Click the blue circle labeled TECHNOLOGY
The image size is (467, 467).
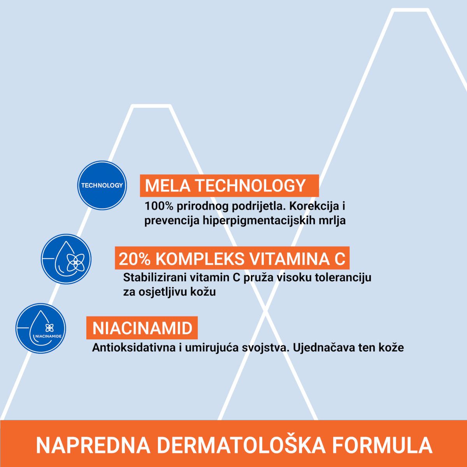coord(102,185)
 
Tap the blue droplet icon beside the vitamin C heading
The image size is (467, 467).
coord(66,259)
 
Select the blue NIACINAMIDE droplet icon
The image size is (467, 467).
coord(41,328)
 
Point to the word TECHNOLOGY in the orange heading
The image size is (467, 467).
coord(250,186)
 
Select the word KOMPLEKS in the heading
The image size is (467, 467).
coord(200,259)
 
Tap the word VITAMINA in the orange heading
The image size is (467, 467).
coord(287,259)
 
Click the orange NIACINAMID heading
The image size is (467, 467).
coord(142,328)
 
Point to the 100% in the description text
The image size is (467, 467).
coord(159,206)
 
